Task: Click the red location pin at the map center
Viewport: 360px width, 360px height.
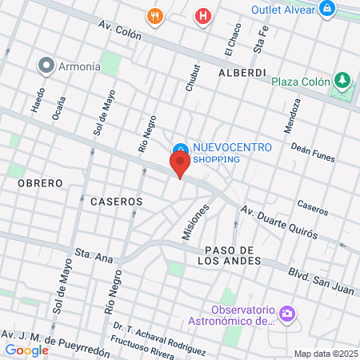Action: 180,165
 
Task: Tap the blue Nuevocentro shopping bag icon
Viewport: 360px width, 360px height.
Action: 181,149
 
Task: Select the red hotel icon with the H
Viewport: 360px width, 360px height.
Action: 204,15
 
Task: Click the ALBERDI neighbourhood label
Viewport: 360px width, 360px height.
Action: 242,72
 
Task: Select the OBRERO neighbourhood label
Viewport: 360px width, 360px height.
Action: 39,183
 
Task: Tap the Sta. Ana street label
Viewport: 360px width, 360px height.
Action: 94,255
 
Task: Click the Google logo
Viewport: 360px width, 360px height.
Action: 26,350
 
